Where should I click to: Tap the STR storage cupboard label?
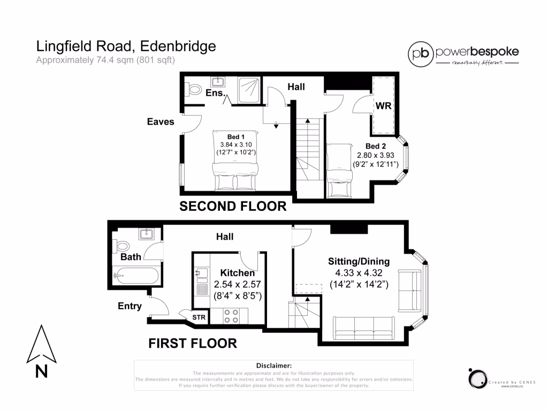[199, 318]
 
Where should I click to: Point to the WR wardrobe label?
[383, 106]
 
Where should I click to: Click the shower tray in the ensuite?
[248, 89]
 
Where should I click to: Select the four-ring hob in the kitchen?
[232, 316]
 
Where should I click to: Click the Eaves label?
[161, 121]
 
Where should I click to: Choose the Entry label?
[130, 306]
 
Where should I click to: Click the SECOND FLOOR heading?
[233, 206]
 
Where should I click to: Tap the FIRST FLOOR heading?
[193, 343]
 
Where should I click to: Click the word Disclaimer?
[273, 365]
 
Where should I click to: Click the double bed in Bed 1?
[235, 161]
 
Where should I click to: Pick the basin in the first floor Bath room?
[146, 234]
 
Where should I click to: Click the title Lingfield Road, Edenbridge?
[126, 46]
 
